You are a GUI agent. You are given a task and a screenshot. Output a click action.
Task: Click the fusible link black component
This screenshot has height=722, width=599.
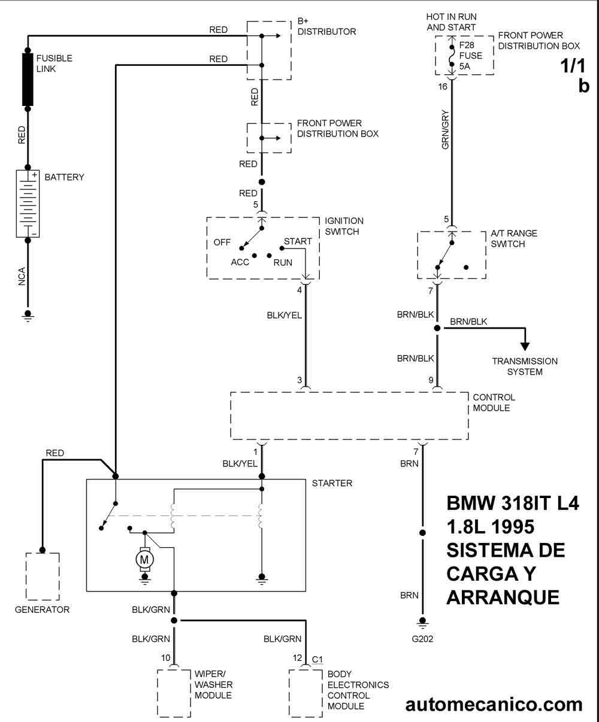pyautogui.click(x=28, y=79)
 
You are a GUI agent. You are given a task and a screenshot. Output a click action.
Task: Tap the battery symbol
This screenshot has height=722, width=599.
pyautogui.click(x=28, y=204)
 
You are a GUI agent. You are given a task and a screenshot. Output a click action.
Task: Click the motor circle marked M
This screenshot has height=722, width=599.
pyautogui.click(x=144, y=559)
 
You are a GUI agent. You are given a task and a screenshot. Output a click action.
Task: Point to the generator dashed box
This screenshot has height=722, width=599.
pyautogui.click(x=43, y=576)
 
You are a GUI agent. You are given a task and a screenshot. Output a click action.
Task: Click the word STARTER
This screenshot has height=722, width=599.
pyautogui.click(x=332, y=483)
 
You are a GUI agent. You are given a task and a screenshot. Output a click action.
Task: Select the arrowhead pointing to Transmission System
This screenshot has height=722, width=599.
pyautogui.click(x=525, y=345)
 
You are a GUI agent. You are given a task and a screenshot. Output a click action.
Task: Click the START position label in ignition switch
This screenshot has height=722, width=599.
pyautogui.click(x=298, y=242)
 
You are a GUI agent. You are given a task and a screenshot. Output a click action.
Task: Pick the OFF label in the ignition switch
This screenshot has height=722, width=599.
pyautogui.click(x=222, y=243)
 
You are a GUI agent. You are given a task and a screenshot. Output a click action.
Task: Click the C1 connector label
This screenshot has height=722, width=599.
pyautogui.click(x=317, y=660)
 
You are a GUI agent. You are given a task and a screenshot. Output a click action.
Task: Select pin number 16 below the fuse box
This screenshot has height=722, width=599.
pyautogui.click(x=443, y=87)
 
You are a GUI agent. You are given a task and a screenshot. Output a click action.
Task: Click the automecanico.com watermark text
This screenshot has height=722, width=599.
pyautogui.click(x=494, y=705)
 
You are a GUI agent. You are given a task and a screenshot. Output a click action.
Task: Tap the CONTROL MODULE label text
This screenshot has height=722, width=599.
pyautogui.click(x=494, y=402)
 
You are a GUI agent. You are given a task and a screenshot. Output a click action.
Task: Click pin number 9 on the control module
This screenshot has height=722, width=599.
pyautogui.click(x=431, y=380)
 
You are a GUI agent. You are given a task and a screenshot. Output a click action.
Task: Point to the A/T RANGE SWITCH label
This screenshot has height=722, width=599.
pyautogui.click(x=514, y=239)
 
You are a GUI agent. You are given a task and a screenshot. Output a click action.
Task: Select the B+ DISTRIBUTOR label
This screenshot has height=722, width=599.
pyautogui.click(x=326, y=27)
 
